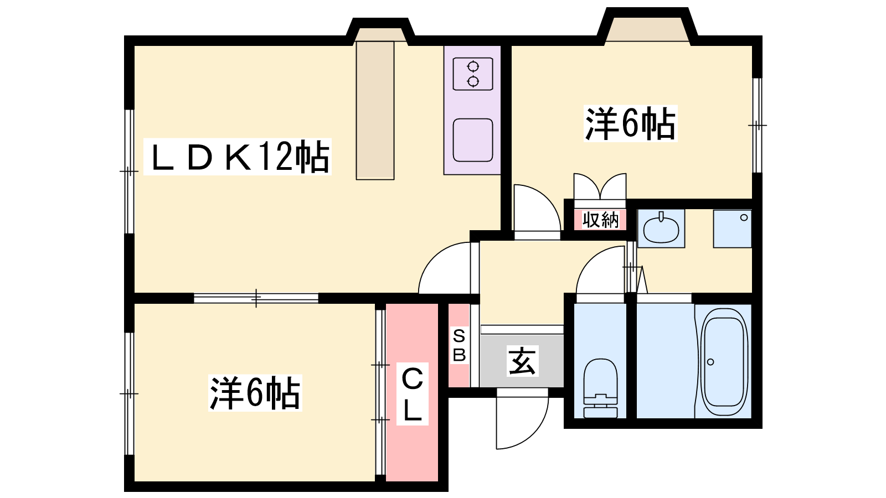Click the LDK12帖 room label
[238, 157]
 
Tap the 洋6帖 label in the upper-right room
[631, 124]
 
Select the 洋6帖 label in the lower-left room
[255, 393]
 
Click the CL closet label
[412, 394]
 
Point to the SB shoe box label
[459, 346]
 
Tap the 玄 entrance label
[522, 361]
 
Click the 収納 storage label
[600, 219]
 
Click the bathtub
[724, 362]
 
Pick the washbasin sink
[661, 229]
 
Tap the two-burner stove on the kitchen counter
[473, 74]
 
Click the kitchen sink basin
[473, 141]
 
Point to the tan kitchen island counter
[375, 111]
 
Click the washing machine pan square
[732, 229]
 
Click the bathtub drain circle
[710, 362]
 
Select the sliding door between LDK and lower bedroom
[256, 298]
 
